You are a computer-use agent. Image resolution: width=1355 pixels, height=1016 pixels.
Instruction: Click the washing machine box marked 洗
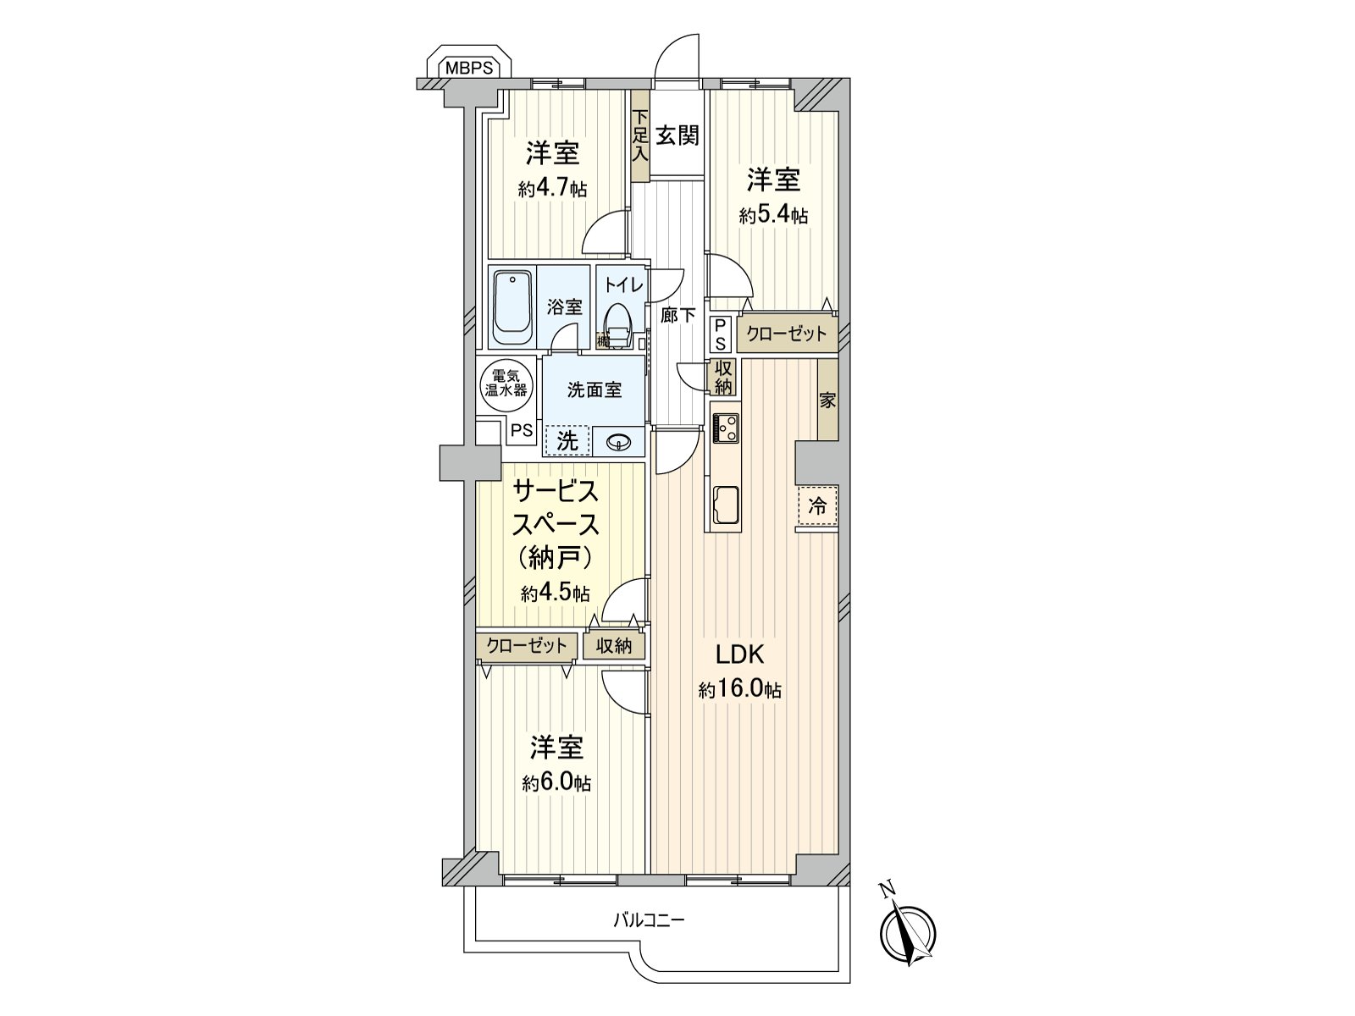coord(567,440)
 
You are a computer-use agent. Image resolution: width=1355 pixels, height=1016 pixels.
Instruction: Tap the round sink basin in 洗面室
coord(619,441)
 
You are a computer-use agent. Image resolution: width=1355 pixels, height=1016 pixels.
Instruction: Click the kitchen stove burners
coord(726,427)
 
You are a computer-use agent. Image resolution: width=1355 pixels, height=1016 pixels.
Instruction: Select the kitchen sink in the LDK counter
coord(726,505)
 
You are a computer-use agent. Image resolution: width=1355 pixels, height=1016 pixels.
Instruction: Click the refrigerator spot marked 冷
coord(817,506)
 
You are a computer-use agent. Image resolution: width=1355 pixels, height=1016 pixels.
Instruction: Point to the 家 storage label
coord(827,400)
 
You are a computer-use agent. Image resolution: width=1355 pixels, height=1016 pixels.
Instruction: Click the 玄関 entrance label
coord(677,135)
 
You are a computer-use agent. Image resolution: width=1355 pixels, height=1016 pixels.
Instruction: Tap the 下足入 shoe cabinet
coord(640,135)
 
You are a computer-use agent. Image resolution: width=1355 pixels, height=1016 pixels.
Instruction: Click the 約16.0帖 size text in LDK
coord(739,690)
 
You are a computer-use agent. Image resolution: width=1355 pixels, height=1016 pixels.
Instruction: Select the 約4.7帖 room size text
coord(552,188)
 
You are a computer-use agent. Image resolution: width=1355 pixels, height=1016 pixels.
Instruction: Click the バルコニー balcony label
coord(649,919)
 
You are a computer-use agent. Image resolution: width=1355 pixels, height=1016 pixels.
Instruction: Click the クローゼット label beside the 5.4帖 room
coord(787,334)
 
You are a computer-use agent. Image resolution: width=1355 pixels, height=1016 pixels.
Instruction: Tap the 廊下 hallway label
coord(677,315)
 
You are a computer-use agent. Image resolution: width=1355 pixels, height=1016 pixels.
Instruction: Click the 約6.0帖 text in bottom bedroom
coord(556,783)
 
